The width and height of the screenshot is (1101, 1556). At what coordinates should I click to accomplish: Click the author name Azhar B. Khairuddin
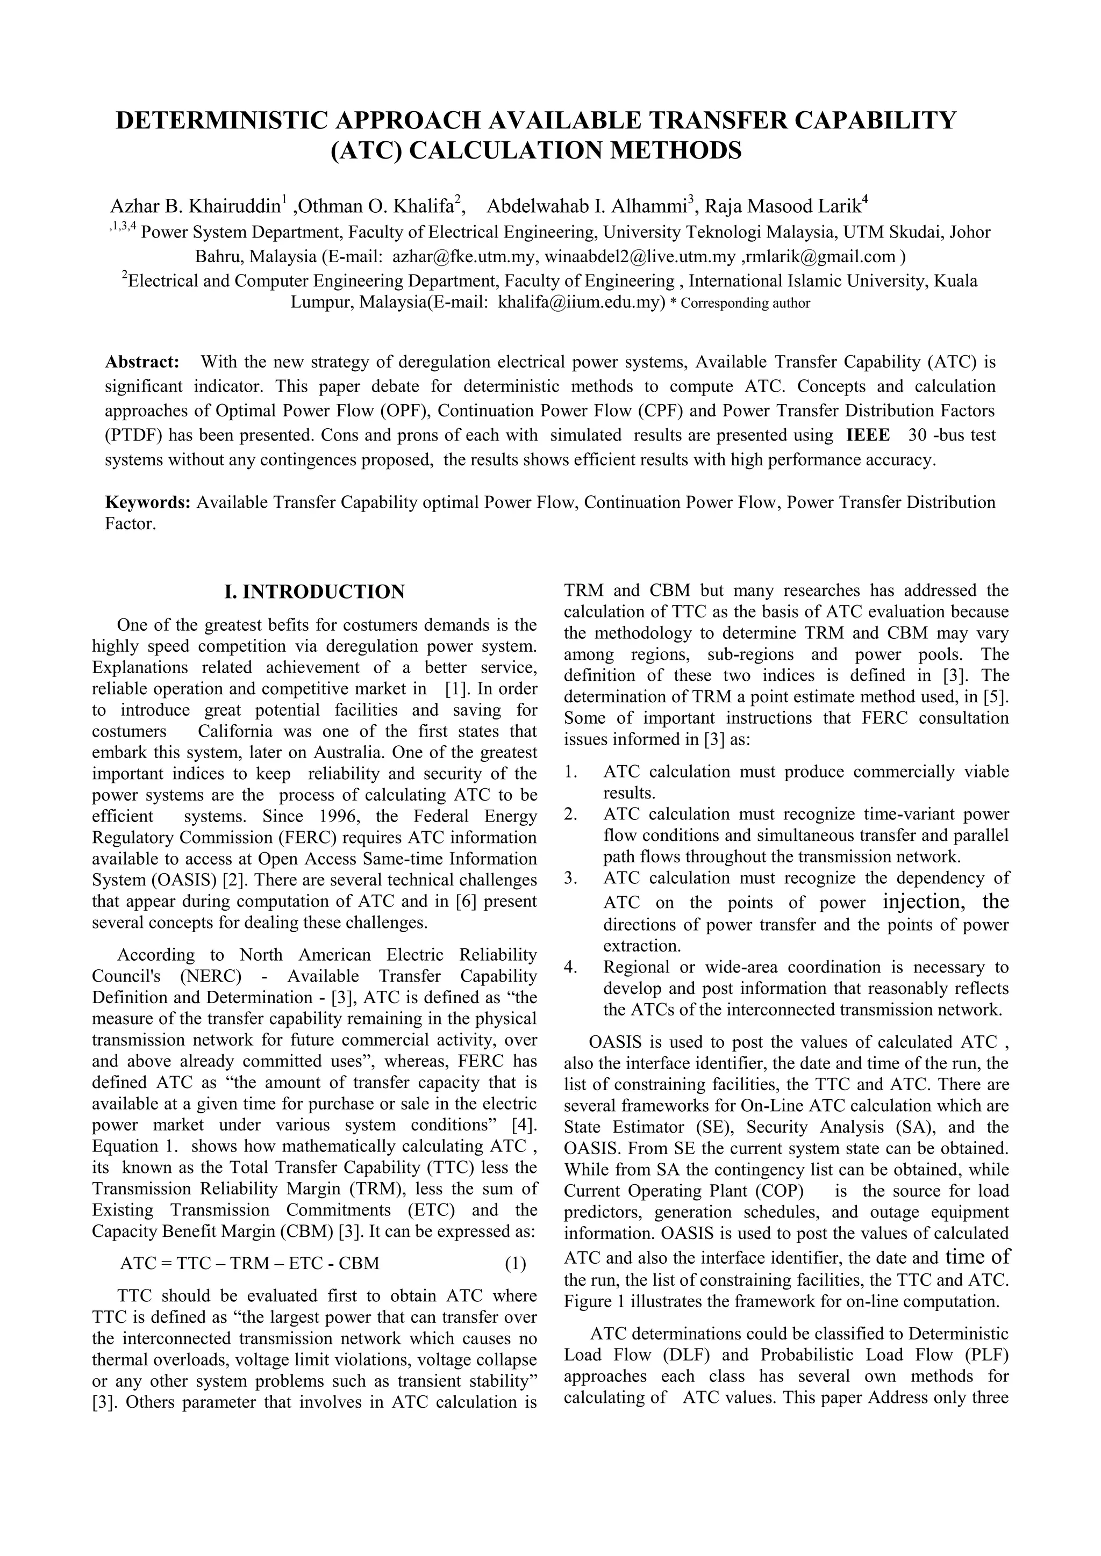tap(195, 205)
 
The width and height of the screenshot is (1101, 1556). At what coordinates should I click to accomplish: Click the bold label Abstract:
tap(142, 362)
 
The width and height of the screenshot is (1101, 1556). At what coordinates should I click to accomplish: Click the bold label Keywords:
tap(148, 502)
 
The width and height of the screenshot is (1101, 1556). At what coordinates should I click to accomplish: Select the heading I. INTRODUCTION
tap(314, 592)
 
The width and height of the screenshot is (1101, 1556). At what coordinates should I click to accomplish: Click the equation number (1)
tap(515, 1263)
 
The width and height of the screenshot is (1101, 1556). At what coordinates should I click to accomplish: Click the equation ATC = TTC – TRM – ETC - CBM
tap(249, 1263)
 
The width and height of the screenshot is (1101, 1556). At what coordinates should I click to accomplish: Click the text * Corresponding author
tap(740, 304)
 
